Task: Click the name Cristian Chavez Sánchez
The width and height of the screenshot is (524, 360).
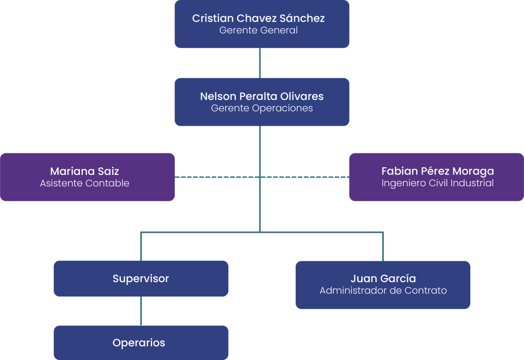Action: pyautogui.click(x=258, y=18)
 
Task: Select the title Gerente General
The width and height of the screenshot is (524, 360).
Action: pyautogui.click(x=258, y=31)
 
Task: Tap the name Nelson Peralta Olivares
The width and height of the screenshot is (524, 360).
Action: pyautogui.click(x=261, y=96)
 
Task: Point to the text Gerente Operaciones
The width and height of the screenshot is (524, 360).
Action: pyautogui.click(x=261, y=108)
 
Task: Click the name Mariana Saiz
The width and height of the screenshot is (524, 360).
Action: pyautogui.click(x=84, y=171)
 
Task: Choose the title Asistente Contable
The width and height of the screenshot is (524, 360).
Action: pyautogui.click(x=84, y=183)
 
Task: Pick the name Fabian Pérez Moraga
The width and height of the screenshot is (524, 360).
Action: pyautogui.click(x=438, y=171)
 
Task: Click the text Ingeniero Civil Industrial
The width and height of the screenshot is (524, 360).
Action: pyautogui.click(x=438, y=183)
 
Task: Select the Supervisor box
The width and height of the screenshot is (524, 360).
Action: pyautogui.click(x=141, y=279)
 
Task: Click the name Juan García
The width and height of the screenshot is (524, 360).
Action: pyautogui.click(x=383, y=279)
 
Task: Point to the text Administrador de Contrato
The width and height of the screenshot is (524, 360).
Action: pyautogui.click(x=383, y=291)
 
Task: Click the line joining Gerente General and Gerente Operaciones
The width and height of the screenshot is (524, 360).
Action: pyautogui.click(x=260, y=63)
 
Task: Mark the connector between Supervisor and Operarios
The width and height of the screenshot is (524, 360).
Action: pyautogui.click(x=141, y=311)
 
